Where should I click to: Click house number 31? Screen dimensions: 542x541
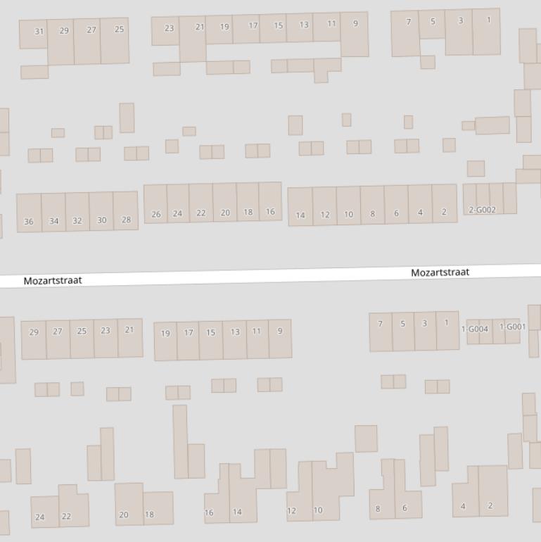(x=39, y=32)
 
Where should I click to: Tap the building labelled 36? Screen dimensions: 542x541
(x=28, y=221)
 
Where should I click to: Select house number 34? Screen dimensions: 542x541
(x=53, y=221)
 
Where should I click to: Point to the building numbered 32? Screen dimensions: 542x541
(x=77, y=220)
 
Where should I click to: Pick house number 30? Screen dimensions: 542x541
(x=101, y=220)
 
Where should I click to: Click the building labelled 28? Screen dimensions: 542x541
(x=126, y=220)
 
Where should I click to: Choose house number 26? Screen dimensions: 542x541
(x=155, y=214)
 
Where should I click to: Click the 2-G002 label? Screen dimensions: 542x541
(x=483, y=210)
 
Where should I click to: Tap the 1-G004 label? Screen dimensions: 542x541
(x=475, y=329)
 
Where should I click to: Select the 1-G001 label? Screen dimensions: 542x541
(x=513, y=327)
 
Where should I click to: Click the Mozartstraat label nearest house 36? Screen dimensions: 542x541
(x=53, y=280)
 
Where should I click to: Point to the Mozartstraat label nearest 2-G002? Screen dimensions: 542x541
(x=440, y=272)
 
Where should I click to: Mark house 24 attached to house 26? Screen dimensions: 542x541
(x=177, y=213)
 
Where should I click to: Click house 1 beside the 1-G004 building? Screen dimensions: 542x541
(x=446, y=323)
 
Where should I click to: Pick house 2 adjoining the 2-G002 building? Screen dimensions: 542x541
(x=444, y=211)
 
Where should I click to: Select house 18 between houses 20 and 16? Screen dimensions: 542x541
(x=248, y=212)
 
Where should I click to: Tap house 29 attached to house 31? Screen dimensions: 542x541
(x=64, y=30)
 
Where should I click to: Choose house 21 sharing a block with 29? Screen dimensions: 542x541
(x=129, y=329)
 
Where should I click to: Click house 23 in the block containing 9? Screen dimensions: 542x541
(x=169, y=28)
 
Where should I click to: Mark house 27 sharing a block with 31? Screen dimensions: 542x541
(x=91, y=30)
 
